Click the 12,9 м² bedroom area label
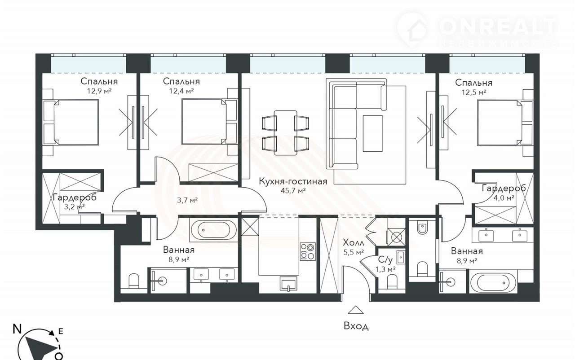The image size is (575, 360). point(99,91)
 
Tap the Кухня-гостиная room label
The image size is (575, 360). point(293,181)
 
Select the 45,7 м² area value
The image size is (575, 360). point(293,190)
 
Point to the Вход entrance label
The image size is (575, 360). point(356,326)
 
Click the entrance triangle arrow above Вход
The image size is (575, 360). point(356,310)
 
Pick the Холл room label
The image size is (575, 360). point(354,242)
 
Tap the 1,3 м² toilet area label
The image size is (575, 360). point(385,269)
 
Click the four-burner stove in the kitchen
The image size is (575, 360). point(308,251)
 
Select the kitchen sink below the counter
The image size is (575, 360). point(289,284)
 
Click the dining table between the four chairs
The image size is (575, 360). point(285,133)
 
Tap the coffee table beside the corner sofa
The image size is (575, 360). point(372,133)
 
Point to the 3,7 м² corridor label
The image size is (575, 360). point(187,200)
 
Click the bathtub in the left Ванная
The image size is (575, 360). point(213,230)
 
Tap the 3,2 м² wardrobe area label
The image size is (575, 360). point(74,206)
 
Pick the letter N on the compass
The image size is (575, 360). point(17,329)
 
